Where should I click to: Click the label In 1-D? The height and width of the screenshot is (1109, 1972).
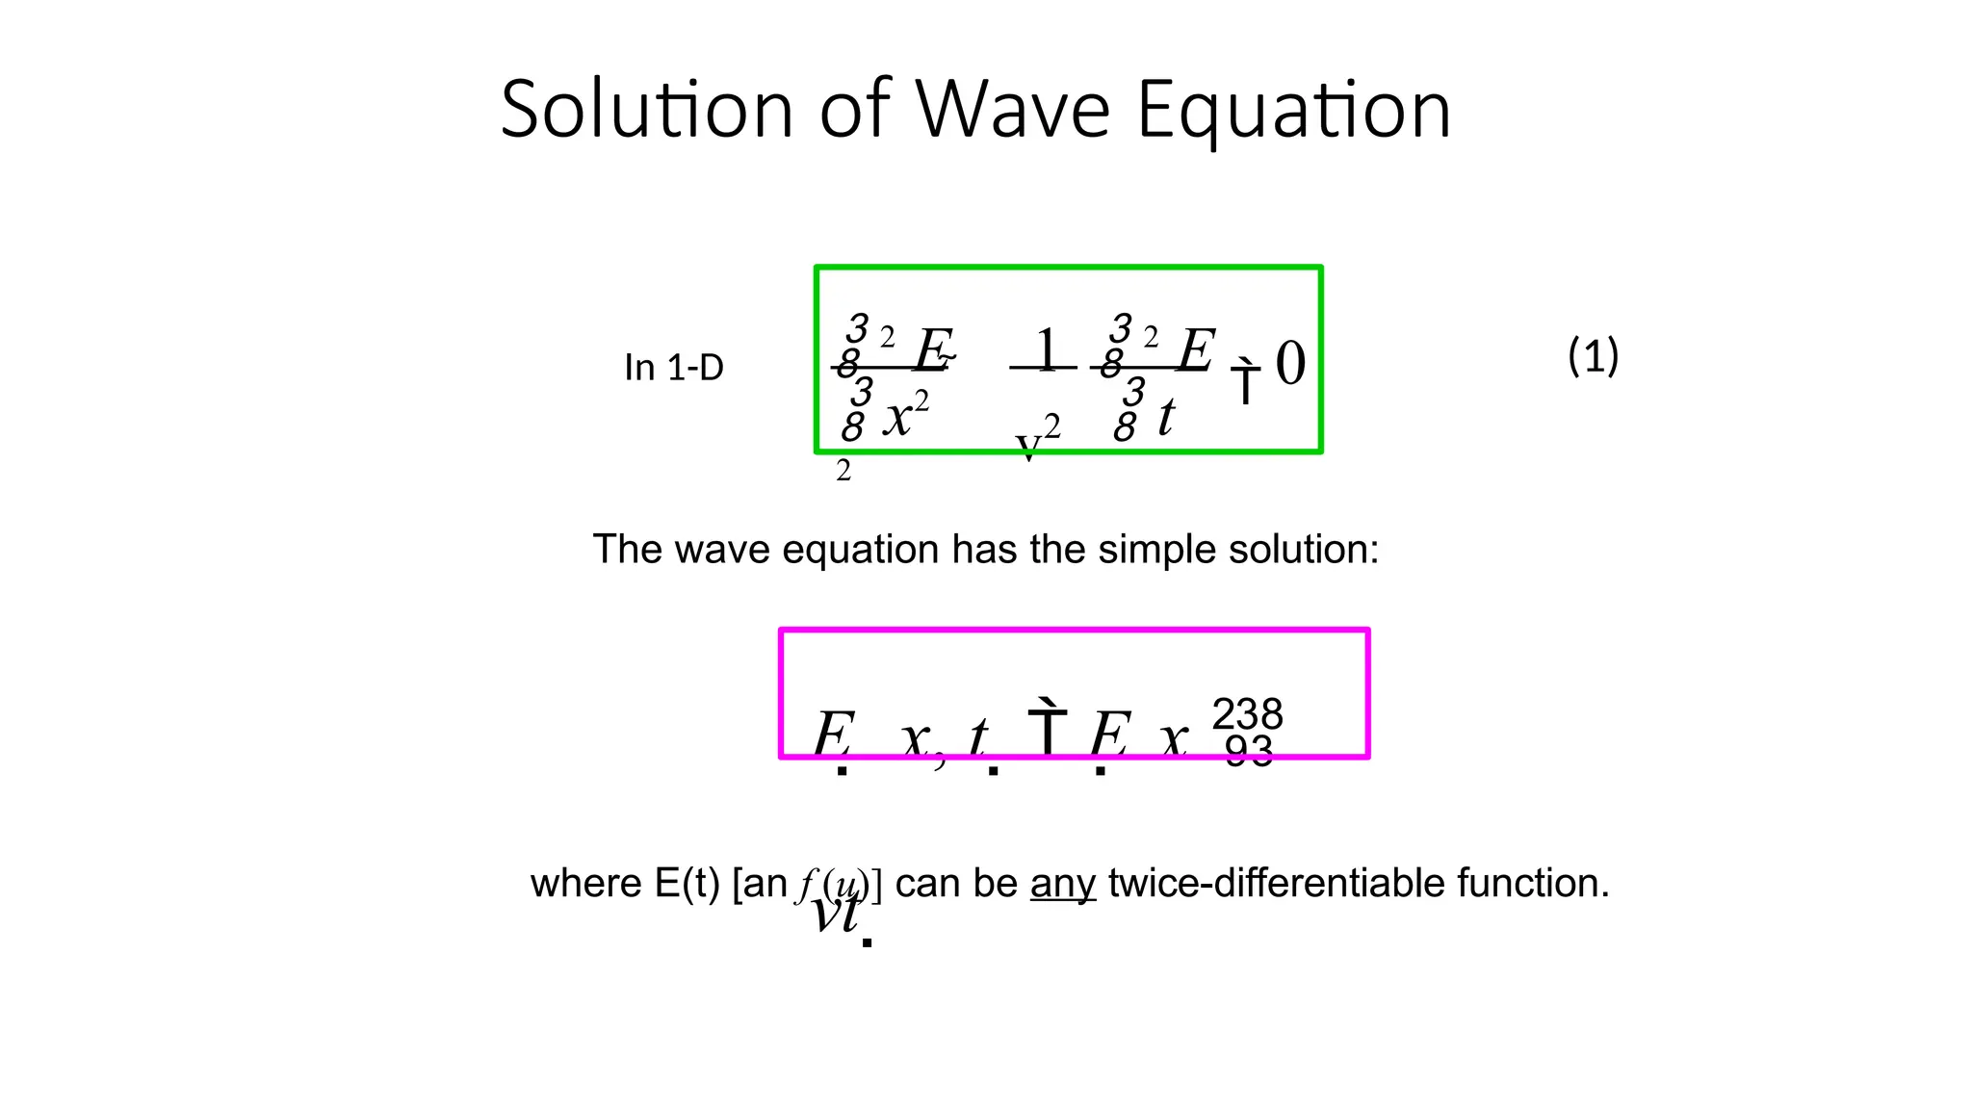[674, 367]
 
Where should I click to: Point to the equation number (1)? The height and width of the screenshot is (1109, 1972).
[1593, 356]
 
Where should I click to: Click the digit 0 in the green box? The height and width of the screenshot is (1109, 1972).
[1290, 364]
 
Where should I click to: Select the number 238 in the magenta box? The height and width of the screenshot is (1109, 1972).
[1247, 714]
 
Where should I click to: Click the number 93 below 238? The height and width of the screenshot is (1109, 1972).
[1249, 750]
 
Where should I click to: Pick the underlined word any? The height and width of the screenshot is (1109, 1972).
[1063, 883]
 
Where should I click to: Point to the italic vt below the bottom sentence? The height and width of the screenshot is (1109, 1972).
[835, 913]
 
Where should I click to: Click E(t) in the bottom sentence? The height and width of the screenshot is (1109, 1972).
[687, 883]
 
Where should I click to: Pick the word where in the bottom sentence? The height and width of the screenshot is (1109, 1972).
[586, 883]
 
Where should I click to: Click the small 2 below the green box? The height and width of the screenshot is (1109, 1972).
[843, 471]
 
